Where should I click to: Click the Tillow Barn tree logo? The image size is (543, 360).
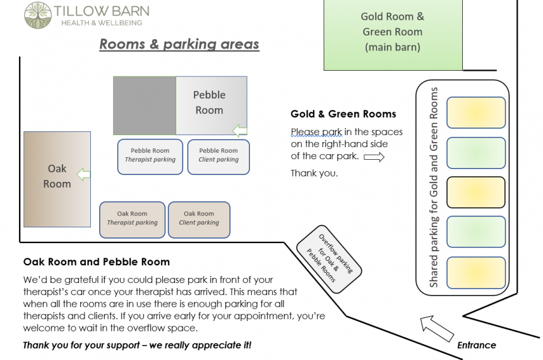point(38,15)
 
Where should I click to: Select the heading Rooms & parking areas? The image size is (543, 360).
point(179,44)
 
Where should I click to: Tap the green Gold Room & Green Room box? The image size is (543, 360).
point(393,35)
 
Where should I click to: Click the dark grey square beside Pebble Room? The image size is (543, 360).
point(145,105)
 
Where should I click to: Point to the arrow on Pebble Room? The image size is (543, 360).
point(240,131)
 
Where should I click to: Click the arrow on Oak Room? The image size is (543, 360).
point(83,174)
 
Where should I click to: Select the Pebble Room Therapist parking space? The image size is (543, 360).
point(150,157)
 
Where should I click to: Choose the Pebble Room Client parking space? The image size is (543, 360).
point(218,157)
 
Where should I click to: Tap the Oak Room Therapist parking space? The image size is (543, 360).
point(133,220)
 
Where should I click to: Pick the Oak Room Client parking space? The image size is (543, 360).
point(199,220)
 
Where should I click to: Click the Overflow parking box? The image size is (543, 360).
point(329,259)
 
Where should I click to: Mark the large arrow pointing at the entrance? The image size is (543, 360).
point(437,328)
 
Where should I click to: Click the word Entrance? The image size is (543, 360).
point(477,345)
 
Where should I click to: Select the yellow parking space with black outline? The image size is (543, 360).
point(476,192)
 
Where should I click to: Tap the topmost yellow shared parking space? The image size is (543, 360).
point(476,112)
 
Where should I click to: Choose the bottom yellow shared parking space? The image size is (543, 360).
point(476,273)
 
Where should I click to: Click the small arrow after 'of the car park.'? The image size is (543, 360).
point(374,157)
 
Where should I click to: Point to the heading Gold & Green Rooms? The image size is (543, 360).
point(343,114)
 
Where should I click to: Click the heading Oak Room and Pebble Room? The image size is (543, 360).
point(97,261)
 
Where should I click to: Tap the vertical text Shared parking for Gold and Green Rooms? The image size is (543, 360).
point(434,187)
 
